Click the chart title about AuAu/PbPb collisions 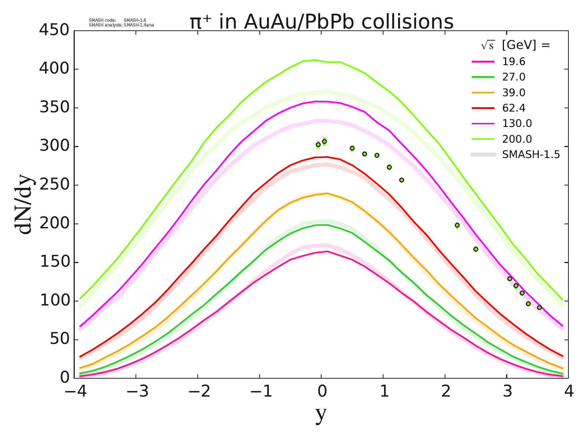pos(322,22)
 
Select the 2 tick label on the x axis pos(445,392)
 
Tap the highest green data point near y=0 pos(324,142)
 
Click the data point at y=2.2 pos(457,225)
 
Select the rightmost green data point pos(539,308)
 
